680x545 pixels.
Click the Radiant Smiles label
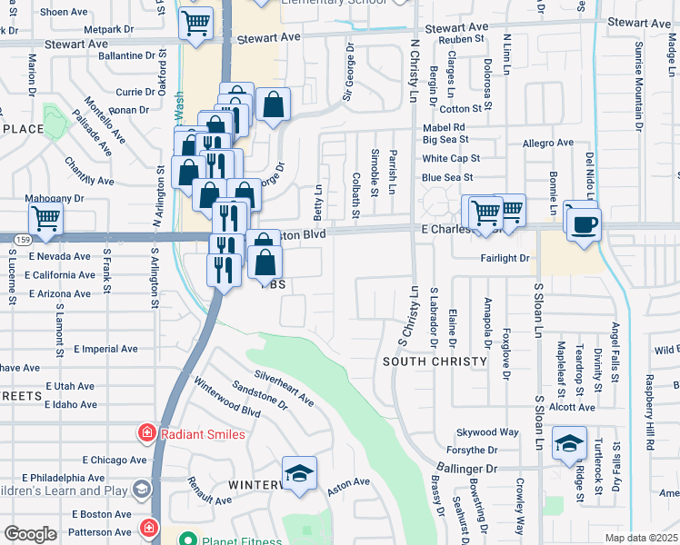click(x=203, y=434)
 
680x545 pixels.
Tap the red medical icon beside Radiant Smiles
click(x=145, y=434)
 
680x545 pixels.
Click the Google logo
click(x=29, y=534)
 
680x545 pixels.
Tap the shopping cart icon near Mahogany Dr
click(x=45, y=218)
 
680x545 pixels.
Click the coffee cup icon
click(x=584, y=223)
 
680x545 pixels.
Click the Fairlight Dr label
click(x=505, y=258)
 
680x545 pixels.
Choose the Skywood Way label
click(x=487, y=432)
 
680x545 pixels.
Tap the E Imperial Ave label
click(x=105, y=348)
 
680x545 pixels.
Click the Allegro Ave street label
click(x=547, y=144)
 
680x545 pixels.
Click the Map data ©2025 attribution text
click(x=642, y=538)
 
